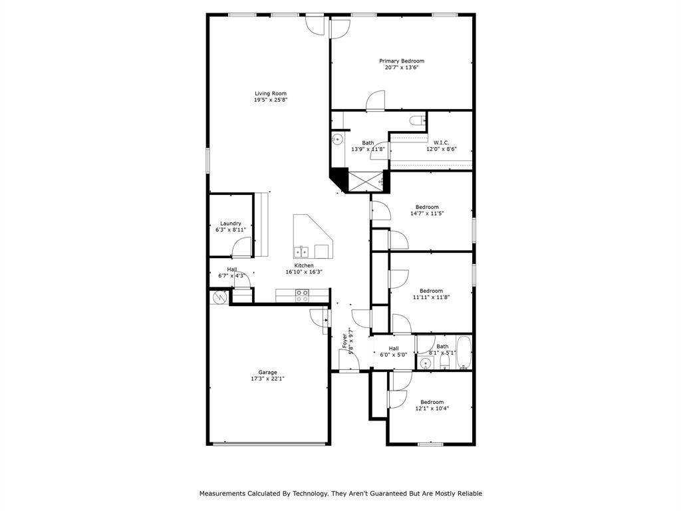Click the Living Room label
[271, 93]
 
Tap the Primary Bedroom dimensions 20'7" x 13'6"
[402, 67]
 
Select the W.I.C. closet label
[442, 142]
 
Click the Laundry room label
[231, 224]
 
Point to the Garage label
[268, 372]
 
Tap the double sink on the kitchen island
[301, 252]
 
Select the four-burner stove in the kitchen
[302, 295]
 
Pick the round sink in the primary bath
[337, 140]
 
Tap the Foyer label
[344, 341]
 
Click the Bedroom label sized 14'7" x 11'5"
[427, 207]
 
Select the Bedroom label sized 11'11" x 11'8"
[431, 291]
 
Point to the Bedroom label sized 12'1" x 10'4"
[432, 402]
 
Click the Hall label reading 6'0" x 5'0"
[394, 348]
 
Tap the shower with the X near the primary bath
[363, 182]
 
